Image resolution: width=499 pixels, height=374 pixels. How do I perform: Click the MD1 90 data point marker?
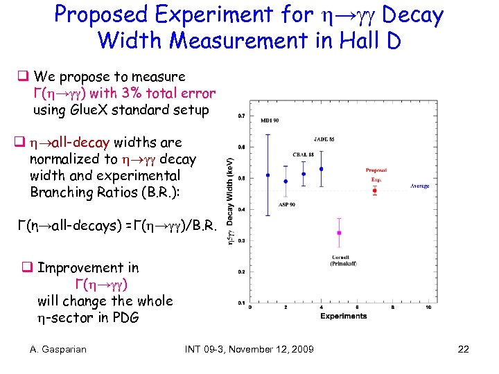[268, 175]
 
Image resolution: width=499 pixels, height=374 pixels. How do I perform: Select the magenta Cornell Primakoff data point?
[339, 233]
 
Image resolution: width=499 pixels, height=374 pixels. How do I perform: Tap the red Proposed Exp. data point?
[374, 191]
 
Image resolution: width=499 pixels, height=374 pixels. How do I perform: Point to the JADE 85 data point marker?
[321, 169]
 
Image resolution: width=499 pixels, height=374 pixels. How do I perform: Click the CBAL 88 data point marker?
[304, 174]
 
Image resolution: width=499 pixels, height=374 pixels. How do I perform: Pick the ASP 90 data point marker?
[286, 181]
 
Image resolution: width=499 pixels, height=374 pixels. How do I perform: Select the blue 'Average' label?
[419, 186]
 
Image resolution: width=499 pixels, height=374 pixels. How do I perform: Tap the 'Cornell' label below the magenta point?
[339, 258]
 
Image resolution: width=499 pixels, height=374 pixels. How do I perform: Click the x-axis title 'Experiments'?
[343, 316]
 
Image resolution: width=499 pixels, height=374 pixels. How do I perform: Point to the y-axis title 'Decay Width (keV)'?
[231, 197]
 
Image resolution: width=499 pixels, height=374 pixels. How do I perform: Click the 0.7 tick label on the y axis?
[240, 115]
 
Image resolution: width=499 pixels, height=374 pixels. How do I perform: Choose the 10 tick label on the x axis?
[428, 308]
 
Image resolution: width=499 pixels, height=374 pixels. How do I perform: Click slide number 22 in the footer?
[464, 349]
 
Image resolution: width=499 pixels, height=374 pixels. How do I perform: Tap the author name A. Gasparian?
[58, 349]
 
